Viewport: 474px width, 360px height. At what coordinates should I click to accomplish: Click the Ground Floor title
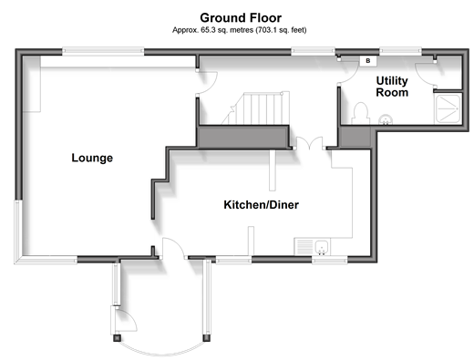coord(241,18)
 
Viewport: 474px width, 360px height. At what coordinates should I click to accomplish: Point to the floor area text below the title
coord(240,30)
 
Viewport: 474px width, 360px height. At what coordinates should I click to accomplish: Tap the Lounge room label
coord(92,158)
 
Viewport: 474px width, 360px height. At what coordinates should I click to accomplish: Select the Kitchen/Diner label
coord(261,205)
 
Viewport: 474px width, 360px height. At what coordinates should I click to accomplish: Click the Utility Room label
coord(392,87)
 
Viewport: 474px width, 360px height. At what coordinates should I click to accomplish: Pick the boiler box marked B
coord(368,61)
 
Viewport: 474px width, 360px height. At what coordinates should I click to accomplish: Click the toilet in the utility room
coord(361,114)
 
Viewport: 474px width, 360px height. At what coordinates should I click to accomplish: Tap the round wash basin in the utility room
coord(386,119)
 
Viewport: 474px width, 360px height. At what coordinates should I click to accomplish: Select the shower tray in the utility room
coord(448,108)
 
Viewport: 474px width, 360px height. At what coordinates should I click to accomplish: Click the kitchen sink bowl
coord(322,247)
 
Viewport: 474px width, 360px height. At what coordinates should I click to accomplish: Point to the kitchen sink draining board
coord(304,247)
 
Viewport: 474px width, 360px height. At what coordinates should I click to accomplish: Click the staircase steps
coord(257,108)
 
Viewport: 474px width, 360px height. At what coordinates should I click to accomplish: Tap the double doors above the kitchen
coord(309,143)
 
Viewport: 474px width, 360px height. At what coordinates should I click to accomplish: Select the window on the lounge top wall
coord(103,51)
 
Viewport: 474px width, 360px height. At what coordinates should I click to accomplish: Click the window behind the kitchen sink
coord(330,260)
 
